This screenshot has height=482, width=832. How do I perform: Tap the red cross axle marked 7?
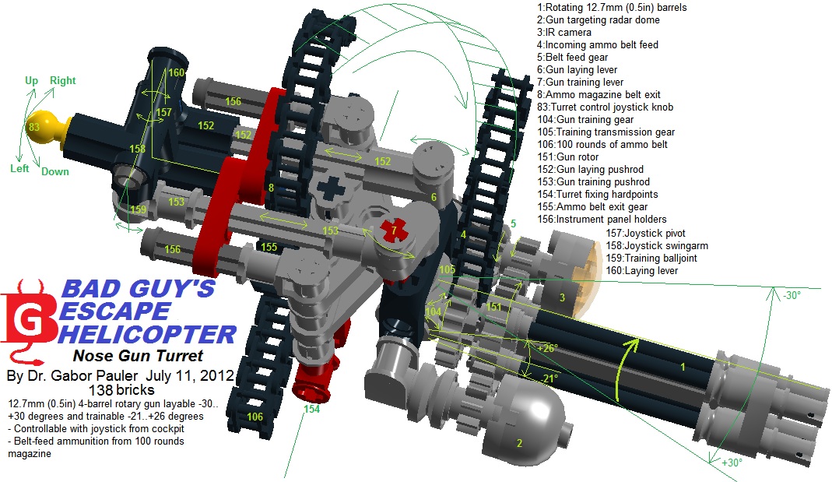[x=395, y=230]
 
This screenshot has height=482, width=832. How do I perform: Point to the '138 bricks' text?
[x=121, y=389]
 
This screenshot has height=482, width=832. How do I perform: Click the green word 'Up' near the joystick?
[x=31, y=80]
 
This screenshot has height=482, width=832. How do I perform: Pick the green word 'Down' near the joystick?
[x=54, y=171]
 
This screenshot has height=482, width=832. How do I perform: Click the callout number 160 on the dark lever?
[x=177, y=72]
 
